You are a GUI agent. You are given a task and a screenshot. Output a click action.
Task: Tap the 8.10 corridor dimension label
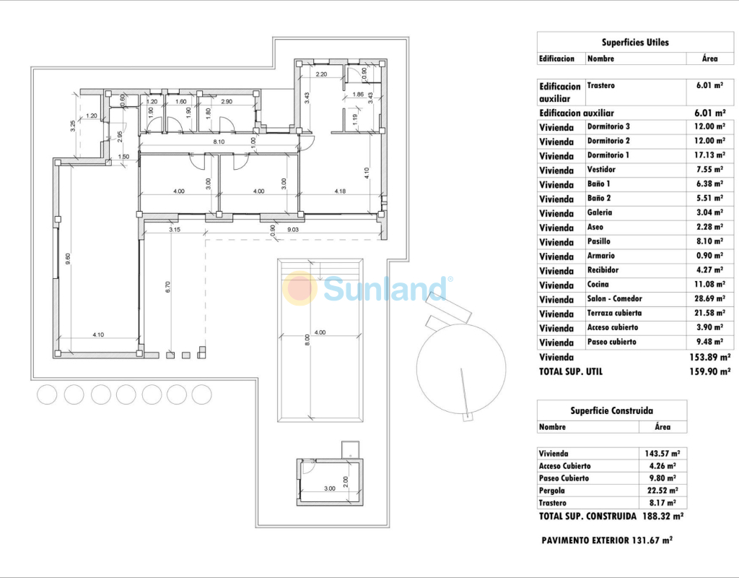click(x=219, y=142)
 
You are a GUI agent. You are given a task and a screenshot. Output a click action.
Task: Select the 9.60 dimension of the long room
click(x=68, y=259)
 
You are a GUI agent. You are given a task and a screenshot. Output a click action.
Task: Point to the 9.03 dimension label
click(x=293, y=230)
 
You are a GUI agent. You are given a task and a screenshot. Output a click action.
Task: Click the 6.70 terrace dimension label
click(x=167, y=287)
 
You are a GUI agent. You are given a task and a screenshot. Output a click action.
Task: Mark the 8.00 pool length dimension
click(x=307, y=340)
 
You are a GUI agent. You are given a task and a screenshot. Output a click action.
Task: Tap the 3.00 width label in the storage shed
click(x=329, y=488)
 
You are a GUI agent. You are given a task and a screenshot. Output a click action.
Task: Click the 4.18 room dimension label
click(x=340, y=191)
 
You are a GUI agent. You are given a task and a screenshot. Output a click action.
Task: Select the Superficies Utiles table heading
click(x=635, y=43)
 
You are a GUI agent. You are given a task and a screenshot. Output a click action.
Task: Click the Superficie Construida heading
click(x=611, y=410)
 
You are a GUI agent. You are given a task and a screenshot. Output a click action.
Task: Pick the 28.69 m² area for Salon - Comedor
click(x=710, y=298)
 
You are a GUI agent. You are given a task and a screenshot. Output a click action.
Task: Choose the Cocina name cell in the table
click(x=598, y=285)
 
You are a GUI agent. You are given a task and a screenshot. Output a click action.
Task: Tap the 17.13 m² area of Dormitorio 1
click(x=710, y=155)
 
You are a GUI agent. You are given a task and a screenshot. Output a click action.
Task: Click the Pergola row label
click(x=551, y=491)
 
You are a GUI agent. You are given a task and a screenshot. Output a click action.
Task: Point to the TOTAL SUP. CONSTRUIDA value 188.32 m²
click(x=663, y=516)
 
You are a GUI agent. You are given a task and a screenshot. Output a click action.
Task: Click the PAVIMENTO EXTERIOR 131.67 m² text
click(x=606, y=540)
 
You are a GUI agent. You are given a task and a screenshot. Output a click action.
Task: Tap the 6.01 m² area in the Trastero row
click(x=709, y=86)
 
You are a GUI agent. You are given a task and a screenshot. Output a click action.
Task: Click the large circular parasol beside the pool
click(x=461, y=368)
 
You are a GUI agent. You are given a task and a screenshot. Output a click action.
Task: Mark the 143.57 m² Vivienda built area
click(x=663, y=454)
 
